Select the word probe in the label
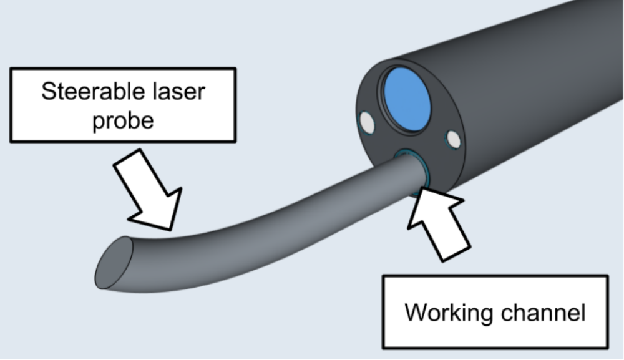[122, 119]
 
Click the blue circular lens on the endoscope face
[406, 99]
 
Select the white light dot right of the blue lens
[454, 140]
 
